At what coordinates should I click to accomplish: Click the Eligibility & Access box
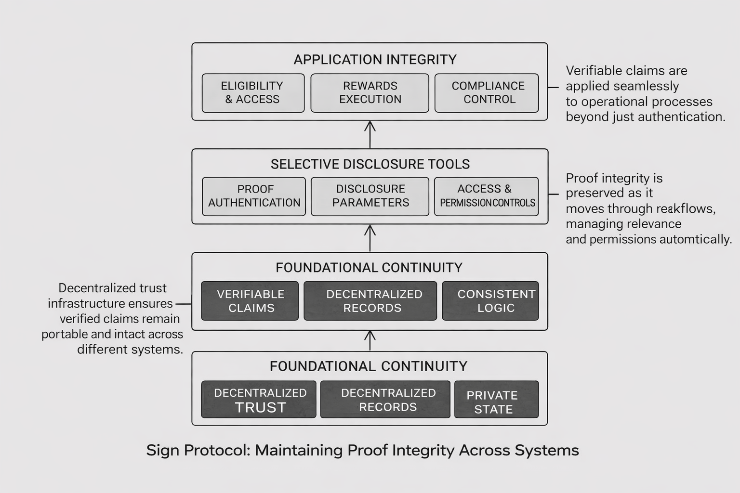coord(253,93)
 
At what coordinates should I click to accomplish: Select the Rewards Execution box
coord(370,93)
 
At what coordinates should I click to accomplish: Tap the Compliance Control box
coord(487,93)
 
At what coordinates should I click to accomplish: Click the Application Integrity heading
coord(375,60)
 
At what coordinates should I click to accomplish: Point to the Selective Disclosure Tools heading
coord(370,164)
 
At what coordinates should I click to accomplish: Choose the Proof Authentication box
coord(254,196)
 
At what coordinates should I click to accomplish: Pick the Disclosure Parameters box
coord(370,196)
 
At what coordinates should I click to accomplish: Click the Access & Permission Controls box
coord(487,196)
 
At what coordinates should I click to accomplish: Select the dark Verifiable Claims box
coord(250,301)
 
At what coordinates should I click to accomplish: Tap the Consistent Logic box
coord(490,301)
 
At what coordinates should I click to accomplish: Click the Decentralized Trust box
coord(259,400)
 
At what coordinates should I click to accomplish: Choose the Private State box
coord(496,400)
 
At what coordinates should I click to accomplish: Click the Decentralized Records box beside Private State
coord(385,400)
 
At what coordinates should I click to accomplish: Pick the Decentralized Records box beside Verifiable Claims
coord(370,301)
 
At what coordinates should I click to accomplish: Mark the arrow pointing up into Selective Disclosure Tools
coord(370,238)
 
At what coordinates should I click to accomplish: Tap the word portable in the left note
coord(64,334)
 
